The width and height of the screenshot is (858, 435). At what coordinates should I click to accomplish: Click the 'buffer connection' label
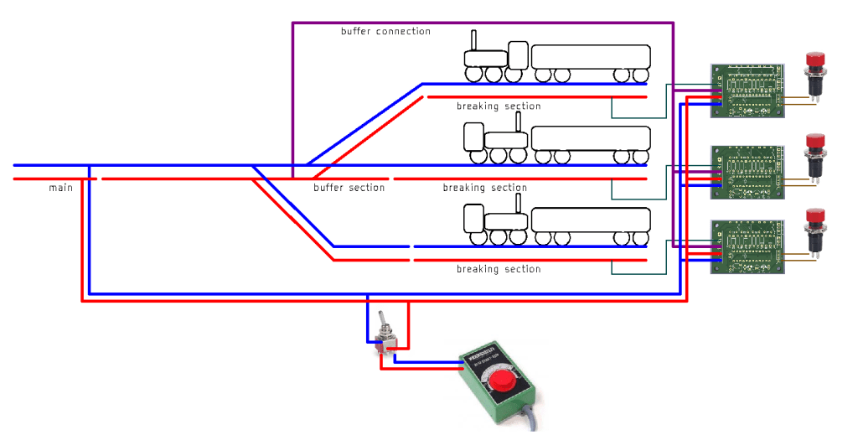click(x=385, y=32)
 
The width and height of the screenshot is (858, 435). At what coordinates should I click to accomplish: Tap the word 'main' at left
click(x=60, y=189)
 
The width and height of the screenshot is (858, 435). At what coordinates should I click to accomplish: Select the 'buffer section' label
click(x=349, y=188)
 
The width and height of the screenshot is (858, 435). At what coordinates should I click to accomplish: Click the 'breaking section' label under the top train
click(x=499, y=106)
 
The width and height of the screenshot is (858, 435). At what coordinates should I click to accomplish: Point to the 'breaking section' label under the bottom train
click(x=499, y=269)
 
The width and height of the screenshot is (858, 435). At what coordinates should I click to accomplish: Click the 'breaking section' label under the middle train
click(x=485, y=188)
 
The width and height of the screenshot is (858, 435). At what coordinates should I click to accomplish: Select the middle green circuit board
click(x=747, y=173)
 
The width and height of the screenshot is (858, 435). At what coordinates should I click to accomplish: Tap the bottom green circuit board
click(x=747, y=246)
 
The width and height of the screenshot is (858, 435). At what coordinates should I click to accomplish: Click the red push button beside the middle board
click(x=814, y=144)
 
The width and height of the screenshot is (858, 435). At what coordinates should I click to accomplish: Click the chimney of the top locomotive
click(x=473, y=40)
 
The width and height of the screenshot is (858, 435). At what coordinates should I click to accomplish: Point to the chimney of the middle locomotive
click(x=519, y=122)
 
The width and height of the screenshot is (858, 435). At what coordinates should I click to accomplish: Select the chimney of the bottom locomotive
click(x=519, y=202)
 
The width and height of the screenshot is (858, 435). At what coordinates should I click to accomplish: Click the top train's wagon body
click(x=591, y=57)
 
